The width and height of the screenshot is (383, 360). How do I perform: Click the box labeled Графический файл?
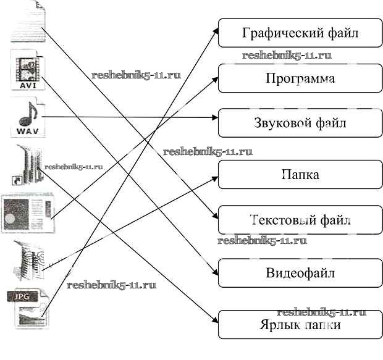tap(300, 33)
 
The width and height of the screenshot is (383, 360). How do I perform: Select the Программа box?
tap(300, 78)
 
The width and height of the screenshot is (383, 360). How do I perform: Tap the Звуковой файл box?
tap(300, 122)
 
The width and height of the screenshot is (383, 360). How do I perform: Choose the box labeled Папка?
tap(300, 175)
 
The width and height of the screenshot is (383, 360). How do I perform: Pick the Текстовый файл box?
tap(300, 220)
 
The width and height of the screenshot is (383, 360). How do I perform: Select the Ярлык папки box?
tap(300, 324)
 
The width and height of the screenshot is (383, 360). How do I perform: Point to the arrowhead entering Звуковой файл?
tap(214, 117)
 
